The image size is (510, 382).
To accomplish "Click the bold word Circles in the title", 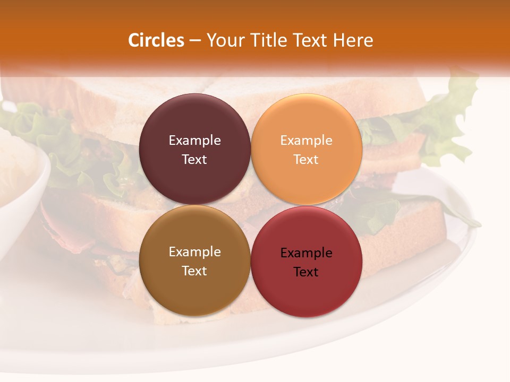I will (156, 40).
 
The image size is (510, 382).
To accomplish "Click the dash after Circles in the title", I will (194, 41).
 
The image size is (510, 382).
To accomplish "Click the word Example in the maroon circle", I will (194, 141).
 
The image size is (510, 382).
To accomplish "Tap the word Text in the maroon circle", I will (194, 159).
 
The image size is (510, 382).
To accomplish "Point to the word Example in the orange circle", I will (306, 141).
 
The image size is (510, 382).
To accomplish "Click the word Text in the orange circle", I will (306, 159).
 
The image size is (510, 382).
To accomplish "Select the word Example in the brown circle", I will (194, 252).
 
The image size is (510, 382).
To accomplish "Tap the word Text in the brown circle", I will (194, 271).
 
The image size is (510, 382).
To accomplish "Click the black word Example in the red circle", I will (306, 253).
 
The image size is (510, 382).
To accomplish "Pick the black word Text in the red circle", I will (306, 272).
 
